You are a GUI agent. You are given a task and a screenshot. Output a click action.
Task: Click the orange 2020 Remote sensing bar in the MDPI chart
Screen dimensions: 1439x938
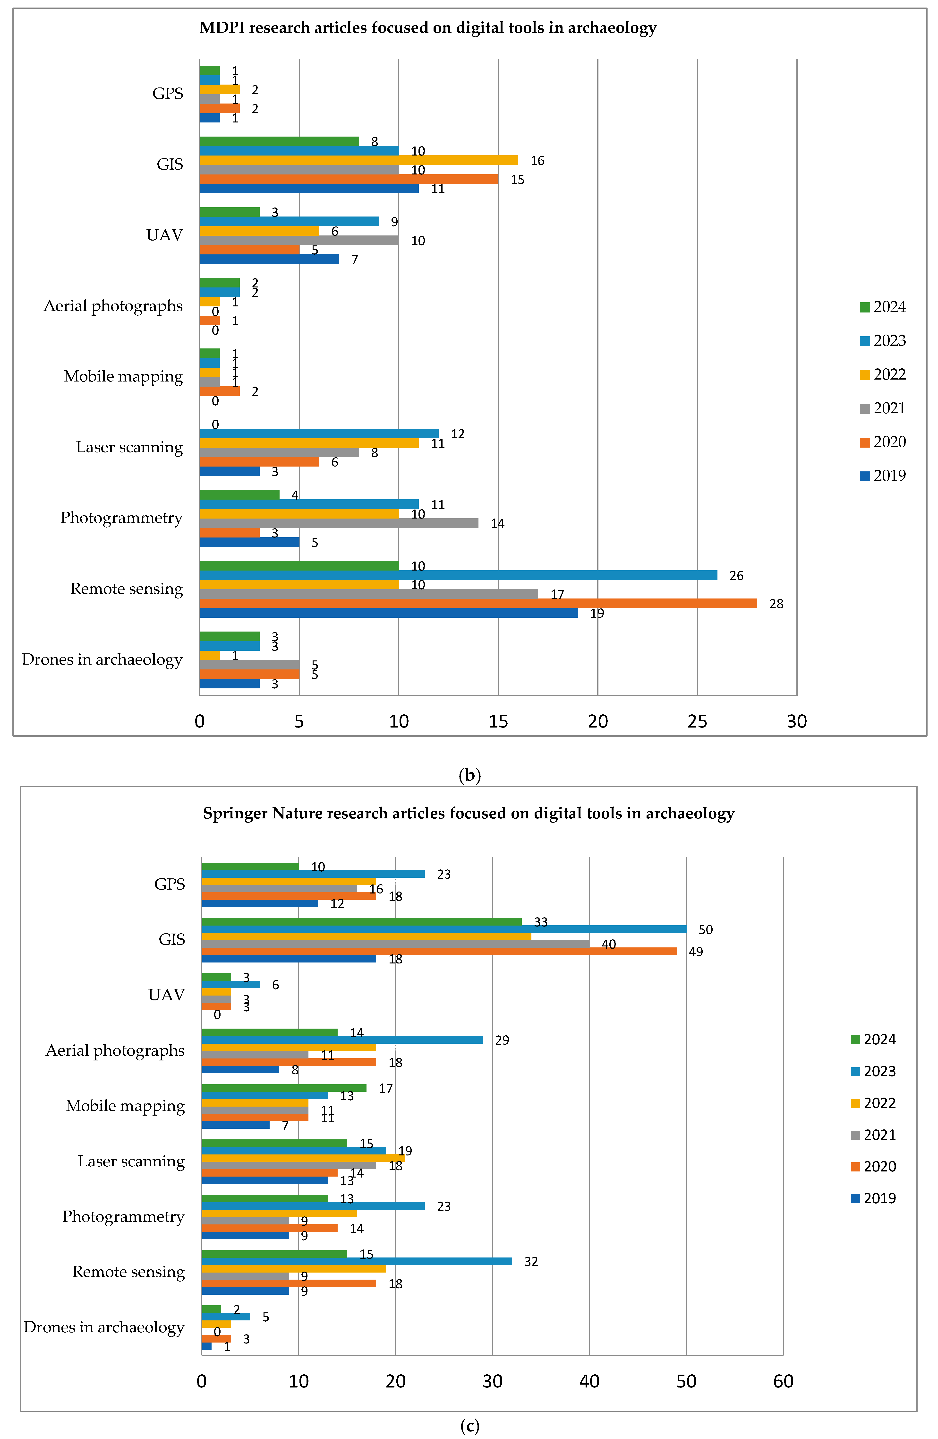pyautogui.click(x=478, y=603)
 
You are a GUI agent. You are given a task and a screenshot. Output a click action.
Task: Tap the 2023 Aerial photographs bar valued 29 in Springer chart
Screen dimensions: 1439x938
pyautogui.click(x=342, y=1040)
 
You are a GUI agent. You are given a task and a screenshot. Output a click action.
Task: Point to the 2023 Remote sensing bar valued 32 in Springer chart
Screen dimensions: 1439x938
pyautogui.click(x=357, y=1261)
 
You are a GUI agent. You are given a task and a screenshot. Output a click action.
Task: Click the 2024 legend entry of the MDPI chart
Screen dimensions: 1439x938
pyautogui.click(x=882, y=307)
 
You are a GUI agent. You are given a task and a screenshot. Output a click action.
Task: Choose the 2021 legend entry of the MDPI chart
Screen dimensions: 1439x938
pyautogui.click(x=882, y=409)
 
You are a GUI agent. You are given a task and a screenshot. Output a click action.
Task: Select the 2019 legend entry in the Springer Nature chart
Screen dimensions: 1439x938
pyautogui.click(x=873, y=1198)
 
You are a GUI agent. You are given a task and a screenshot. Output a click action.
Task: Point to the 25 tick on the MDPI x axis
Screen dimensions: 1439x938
pyautogui.click(x=697, y=721)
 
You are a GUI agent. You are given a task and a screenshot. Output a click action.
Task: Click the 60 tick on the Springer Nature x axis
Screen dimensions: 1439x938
pyautogui.click(x=783, y=1382)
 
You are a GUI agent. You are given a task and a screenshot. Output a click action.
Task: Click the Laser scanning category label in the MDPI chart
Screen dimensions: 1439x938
pyautogui.click(x=129, y=447)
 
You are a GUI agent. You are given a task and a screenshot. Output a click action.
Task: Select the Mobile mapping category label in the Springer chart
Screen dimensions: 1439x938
pyautogui.click(x=125, y=1106)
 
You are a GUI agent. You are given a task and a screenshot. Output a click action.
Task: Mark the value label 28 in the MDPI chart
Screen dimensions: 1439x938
pyautogui.click(x=776, y=604)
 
